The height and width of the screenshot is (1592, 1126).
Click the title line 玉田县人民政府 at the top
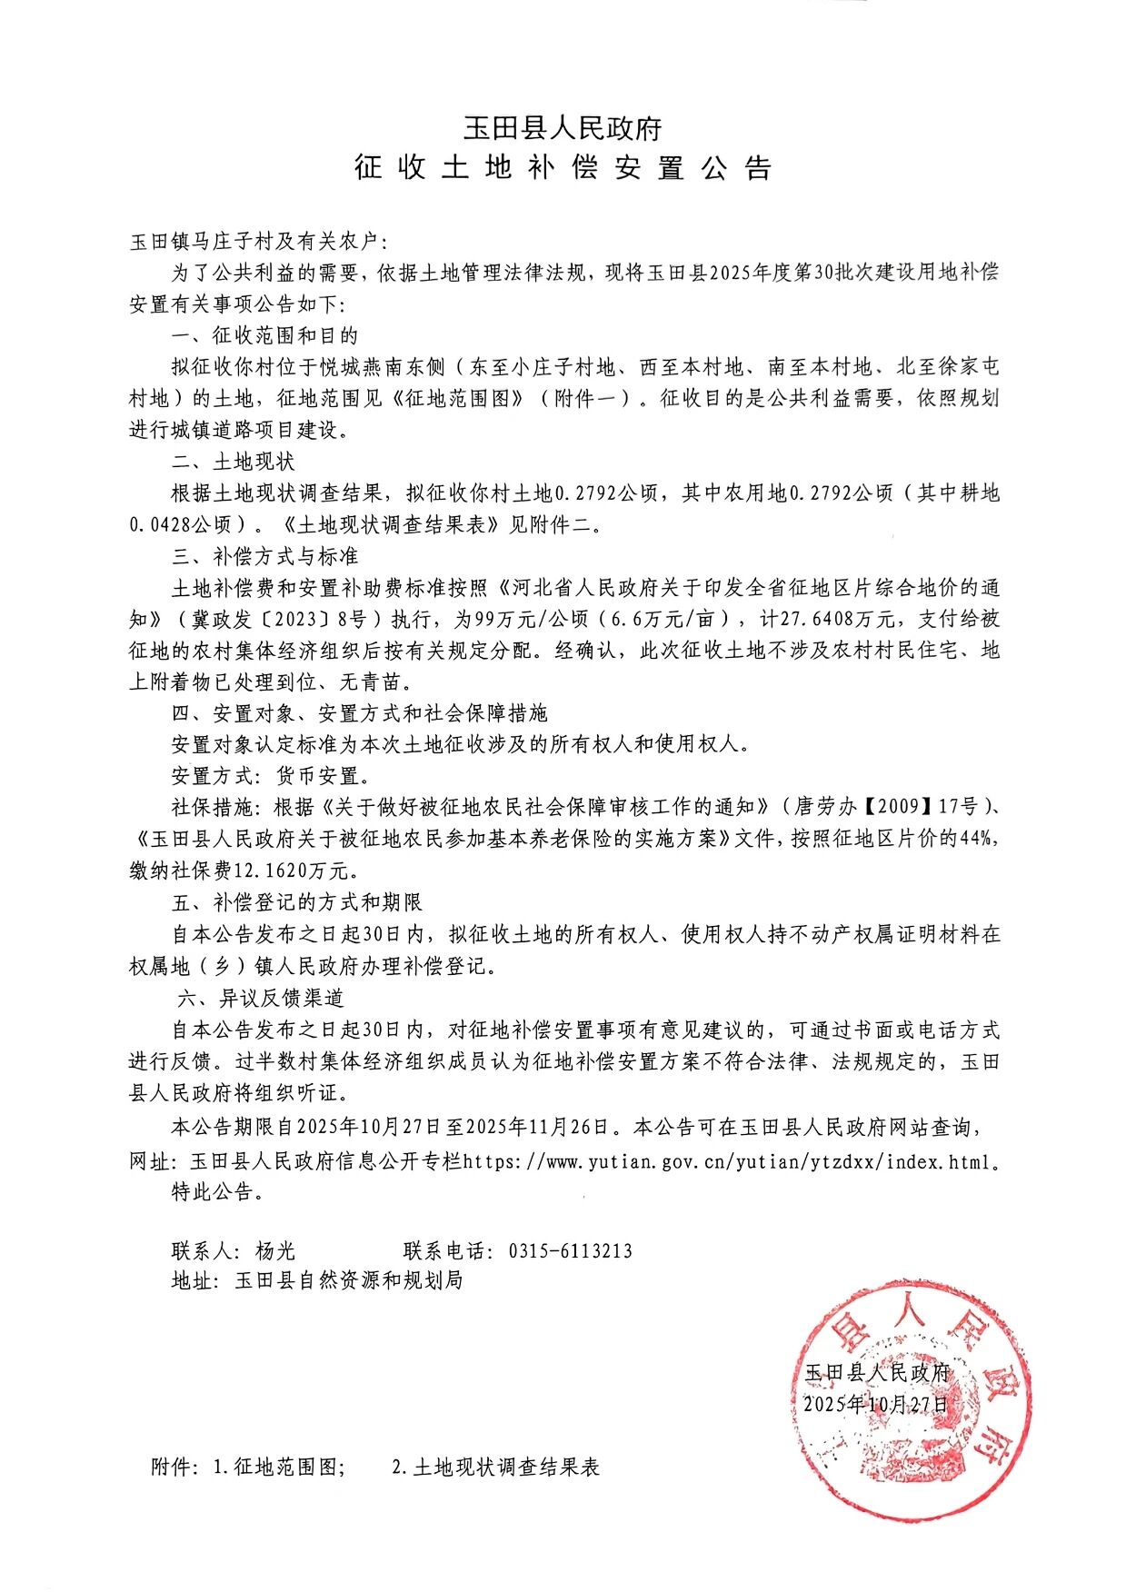pos(563,128)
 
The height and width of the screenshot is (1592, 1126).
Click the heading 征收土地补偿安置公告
pos(563,168)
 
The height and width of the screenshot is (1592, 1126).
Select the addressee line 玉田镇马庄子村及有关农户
pos(257,243)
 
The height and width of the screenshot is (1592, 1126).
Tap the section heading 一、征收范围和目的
pos(264,336)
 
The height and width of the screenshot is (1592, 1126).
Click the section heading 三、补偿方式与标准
pos(264,556)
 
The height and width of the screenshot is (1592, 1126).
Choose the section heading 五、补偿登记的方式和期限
pos(296,902)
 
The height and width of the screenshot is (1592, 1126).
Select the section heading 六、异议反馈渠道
pos(261,998)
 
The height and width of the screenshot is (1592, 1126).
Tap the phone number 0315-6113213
pos(570,1251)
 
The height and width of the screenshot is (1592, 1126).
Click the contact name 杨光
pos(275,1251)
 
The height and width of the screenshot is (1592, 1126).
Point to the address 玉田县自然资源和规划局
pos(348,1281)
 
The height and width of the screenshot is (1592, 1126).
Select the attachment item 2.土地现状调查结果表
pos(495,1468)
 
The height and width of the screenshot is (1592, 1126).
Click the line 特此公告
pos(218,1192)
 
